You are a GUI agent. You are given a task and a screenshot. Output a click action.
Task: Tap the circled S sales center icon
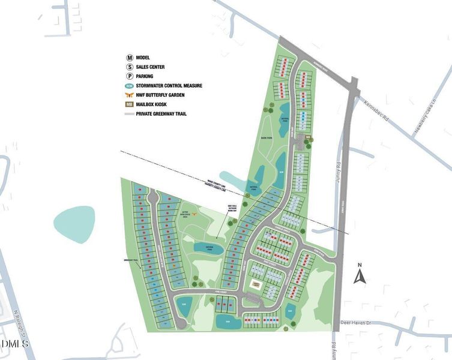coord(129,67)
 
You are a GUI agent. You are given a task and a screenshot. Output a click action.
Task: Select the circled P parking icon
coord(129,76)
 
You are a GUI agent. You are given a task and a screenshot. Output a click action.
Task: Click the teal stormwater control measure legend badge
coord(129,86)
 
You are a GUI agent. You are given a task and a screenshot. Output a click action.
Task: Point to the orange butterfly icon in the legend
coord(129,95)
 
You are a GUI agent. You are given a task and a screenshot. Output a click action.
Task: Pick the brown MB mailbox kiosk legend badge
coord(129,104)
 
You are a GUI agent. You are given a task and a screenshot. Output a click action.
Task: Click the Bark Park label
coord(268,137)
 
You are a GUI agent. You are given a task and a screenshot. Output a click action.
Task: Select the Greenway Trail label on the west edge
coord(131,260)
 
